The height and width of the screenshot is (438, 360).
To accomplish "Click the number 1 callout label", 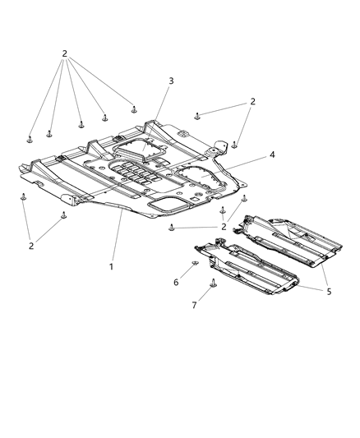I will [112, 266].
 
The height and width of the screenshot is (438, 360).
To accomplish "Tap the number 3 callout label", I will [171, 81].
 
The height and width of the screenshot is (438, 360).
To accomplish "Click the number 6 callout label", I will [174, 282].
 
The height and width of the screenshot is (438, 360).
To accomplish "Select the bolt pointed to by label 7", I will [211, 284].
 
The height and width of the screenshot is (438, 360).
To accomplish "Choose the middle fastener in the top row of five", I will [81, 125].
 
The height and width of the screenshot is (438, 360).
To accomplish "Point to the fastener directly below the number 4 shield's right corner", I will [243, 200].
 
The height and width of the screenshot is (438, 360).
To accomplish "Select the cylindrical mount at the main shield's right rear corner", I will [219, 150].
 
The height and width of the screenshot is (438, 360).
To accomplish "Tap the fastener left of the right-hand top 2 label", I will [197, 115].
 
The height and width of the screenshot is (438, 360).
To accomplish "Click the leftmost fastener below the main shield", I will [24, 197].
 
